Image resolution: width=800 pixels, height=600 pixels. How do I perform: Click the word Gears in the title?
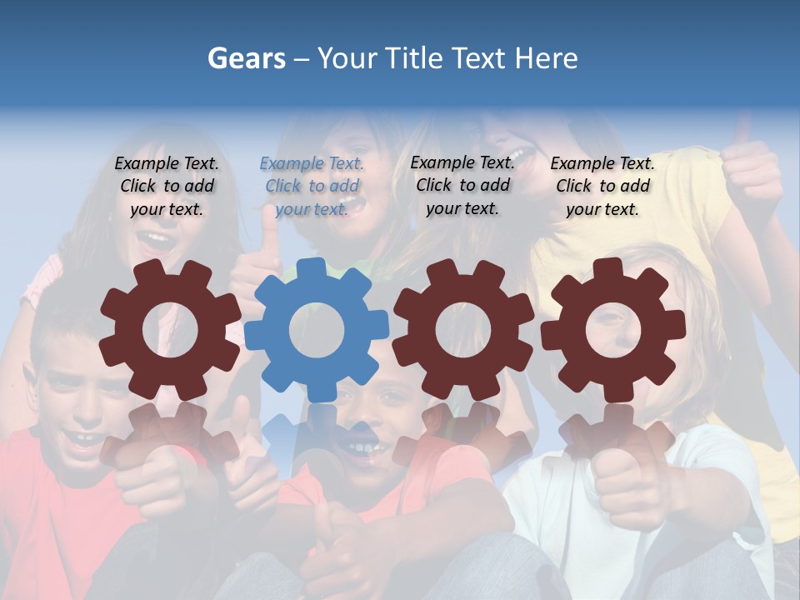tap(247, 58)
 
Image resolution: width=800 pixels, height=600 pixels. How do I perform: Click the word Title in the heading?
tap(413, 58)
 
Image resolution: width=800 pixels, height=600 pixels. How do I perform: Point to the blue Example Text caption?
tap(312, 186)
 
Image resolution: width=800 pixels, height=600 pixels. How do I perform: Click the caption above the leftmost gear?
tap(167, 186)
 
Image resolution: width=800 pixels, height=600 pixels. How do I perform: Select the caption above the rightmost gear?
tap(602, 186)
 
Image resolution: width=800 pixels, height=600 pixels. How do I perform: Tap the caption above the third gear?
tap(462, 185)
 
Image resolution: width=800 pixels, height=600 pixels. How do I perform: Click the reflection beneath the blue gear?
tap(316, 437)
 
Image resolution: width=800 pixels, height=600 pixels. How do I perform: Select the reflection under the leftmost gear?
tap(170, 437)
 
